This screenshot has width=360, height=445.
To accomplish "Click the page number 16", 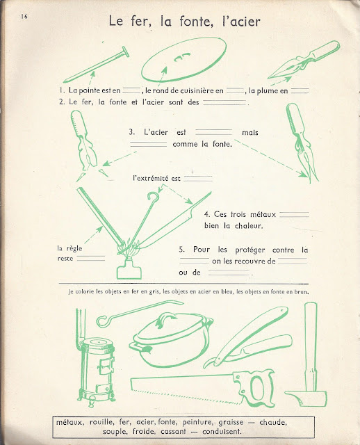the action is (24, 17).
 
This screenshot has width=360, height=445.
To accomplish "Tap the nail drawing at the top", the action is (96, 65).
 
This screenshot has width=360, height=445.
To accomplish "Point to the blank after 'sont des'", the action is (224, 102).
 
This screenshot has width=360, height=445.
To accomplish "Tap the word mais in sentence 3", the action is (250, 133).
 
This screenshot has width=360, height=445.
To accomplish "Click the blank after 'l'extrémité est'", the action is (198, 179).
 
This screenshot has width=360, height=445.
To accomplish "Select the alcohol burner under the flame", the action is (129, 269).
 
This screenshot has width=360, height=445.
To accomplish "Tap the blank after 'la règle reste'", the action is (91, 258).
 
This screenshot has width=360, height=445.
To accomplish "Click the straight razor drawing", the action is (247, 337).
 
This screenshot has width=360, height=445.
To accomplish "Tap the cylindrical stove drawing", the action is (97, 369).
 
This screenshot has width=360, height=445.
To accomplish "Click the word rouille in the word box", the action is (101, 423).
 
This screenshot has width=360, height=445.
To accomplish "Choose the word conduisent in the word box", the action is (222, 432).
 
